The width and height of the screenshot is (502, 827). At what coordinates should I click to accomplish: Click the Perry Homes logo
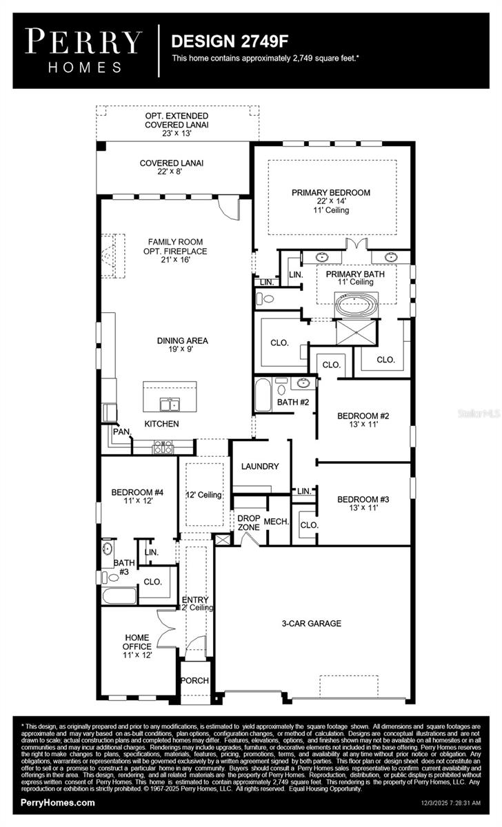coord(84,50)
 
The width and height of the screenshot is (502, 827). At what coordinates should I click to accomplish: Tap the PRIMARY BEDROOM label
coord(330,193)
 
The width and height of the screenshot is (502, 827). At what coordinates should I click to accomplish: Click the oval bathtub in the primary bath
coord(356,304)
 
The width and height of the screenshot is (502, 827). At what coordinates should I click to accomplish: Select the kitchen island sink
coord(170,404)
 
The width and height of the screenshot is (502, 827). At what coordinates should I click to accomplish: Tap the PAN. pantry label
coord(121,432)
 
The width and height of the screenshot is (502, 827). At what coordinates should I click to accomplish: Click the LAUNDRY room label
coord(260,467)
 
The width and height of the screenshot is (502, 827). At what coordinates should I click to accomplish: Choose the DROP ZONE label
coord(248,522)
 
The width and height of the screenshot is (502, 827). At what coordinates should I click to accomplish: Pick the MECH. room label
coord(276,522)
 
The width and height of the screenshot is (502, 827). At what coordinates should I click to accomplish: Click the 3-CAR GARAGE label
coord(312,624)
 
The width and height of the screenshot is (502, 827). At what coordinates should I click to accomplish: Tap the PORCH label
coord(195,681)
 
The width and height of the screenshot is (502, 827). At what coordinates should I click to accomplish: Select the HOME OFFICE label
coord(137,642)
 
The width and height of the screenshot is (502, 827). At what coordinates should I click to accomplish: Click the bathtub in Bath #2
coord(263,395)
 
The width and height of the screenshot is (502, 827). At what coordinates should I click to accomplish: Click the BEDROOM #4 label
coord(137,493)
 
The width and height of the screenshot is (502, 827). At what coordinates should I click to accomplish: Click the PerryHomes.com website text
coord(58,803)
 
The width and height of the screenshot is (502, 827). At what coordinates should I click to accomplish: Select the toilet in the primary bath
coord(265,299)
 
